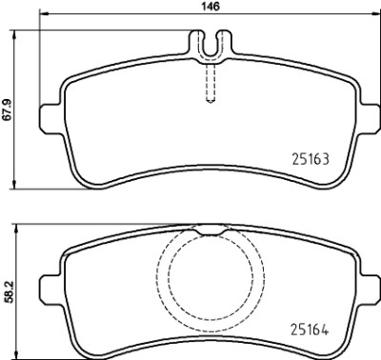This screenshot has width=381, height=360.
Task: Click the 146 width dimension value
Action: pyautogui.click(x=211, y=7)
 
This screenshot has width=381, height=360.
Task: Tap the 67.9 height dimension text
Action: pyautogui.click(x=7, y=110)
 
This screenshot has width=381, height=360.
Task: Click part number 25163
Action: pyautogui.click(x=311, y=159)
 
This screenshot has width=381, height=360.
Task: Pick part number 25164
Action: pyautogui.click(x=310, y=330)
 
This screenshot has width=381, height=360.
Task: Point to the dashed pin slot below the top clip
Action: pyautogui.click(x=211, y=83)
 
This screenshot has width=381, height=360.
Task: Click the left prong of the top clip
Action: pyautogui.click(x=196, y=43)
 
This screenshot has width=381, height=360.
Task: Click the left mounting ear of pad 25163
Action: pyautogui.click(x=50, y=119)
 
